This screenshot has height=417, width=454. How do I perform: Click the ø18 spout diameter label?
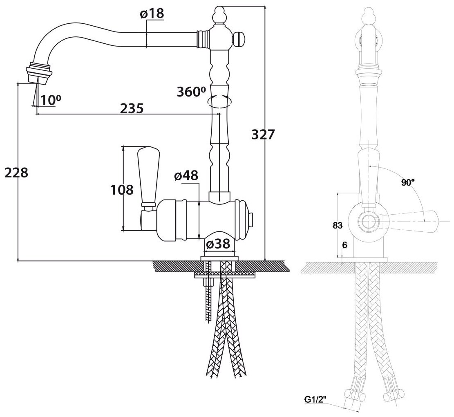coord(152,13)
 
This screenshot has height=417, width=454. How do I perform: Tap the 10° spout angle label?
coord(48,99)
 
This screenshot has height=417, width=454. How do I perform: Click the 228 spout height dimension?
coord(16,173)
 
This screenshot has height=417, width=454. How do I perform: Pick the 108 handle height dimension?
coord(122,190)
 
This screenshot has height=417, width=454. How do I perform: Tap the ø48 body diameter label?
coord(186,176)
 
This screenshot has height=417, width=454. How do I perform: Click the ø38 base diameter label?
coord(219,244)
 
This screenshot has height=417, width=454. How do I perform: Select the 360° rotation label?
coord(191,92)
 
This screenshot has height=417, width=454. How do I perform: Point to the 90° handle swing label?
coord(407,183)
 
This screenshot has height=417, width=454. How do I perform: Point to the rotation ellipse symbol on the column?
coord(219,101)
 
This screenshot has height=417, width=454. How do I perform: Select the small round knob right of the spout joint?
coord(240,40)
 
